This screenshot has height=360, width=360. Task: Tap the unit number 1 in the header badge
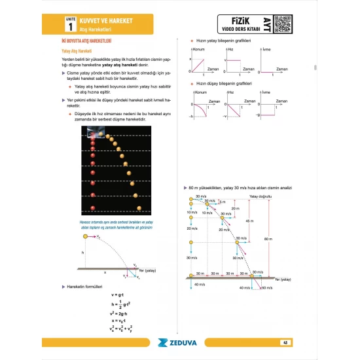pyautogui.click(x=69, y=27)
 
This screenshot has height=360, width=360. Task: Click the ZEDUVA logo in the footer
pyautogui.click(x=180, y=341)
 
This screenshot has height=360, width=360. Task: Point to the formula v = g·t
pyautogui.click(x=118, y=295)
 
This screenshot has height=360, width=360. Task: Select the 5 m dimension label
pyautogui.click(x=222, y=201)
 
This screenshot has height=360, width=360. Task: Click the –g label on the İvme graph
pyautogui.click(x=261, y=116)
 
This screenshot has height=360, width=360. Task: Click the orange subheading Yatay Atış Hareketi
pyautogui.click(x=75, y=50)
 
